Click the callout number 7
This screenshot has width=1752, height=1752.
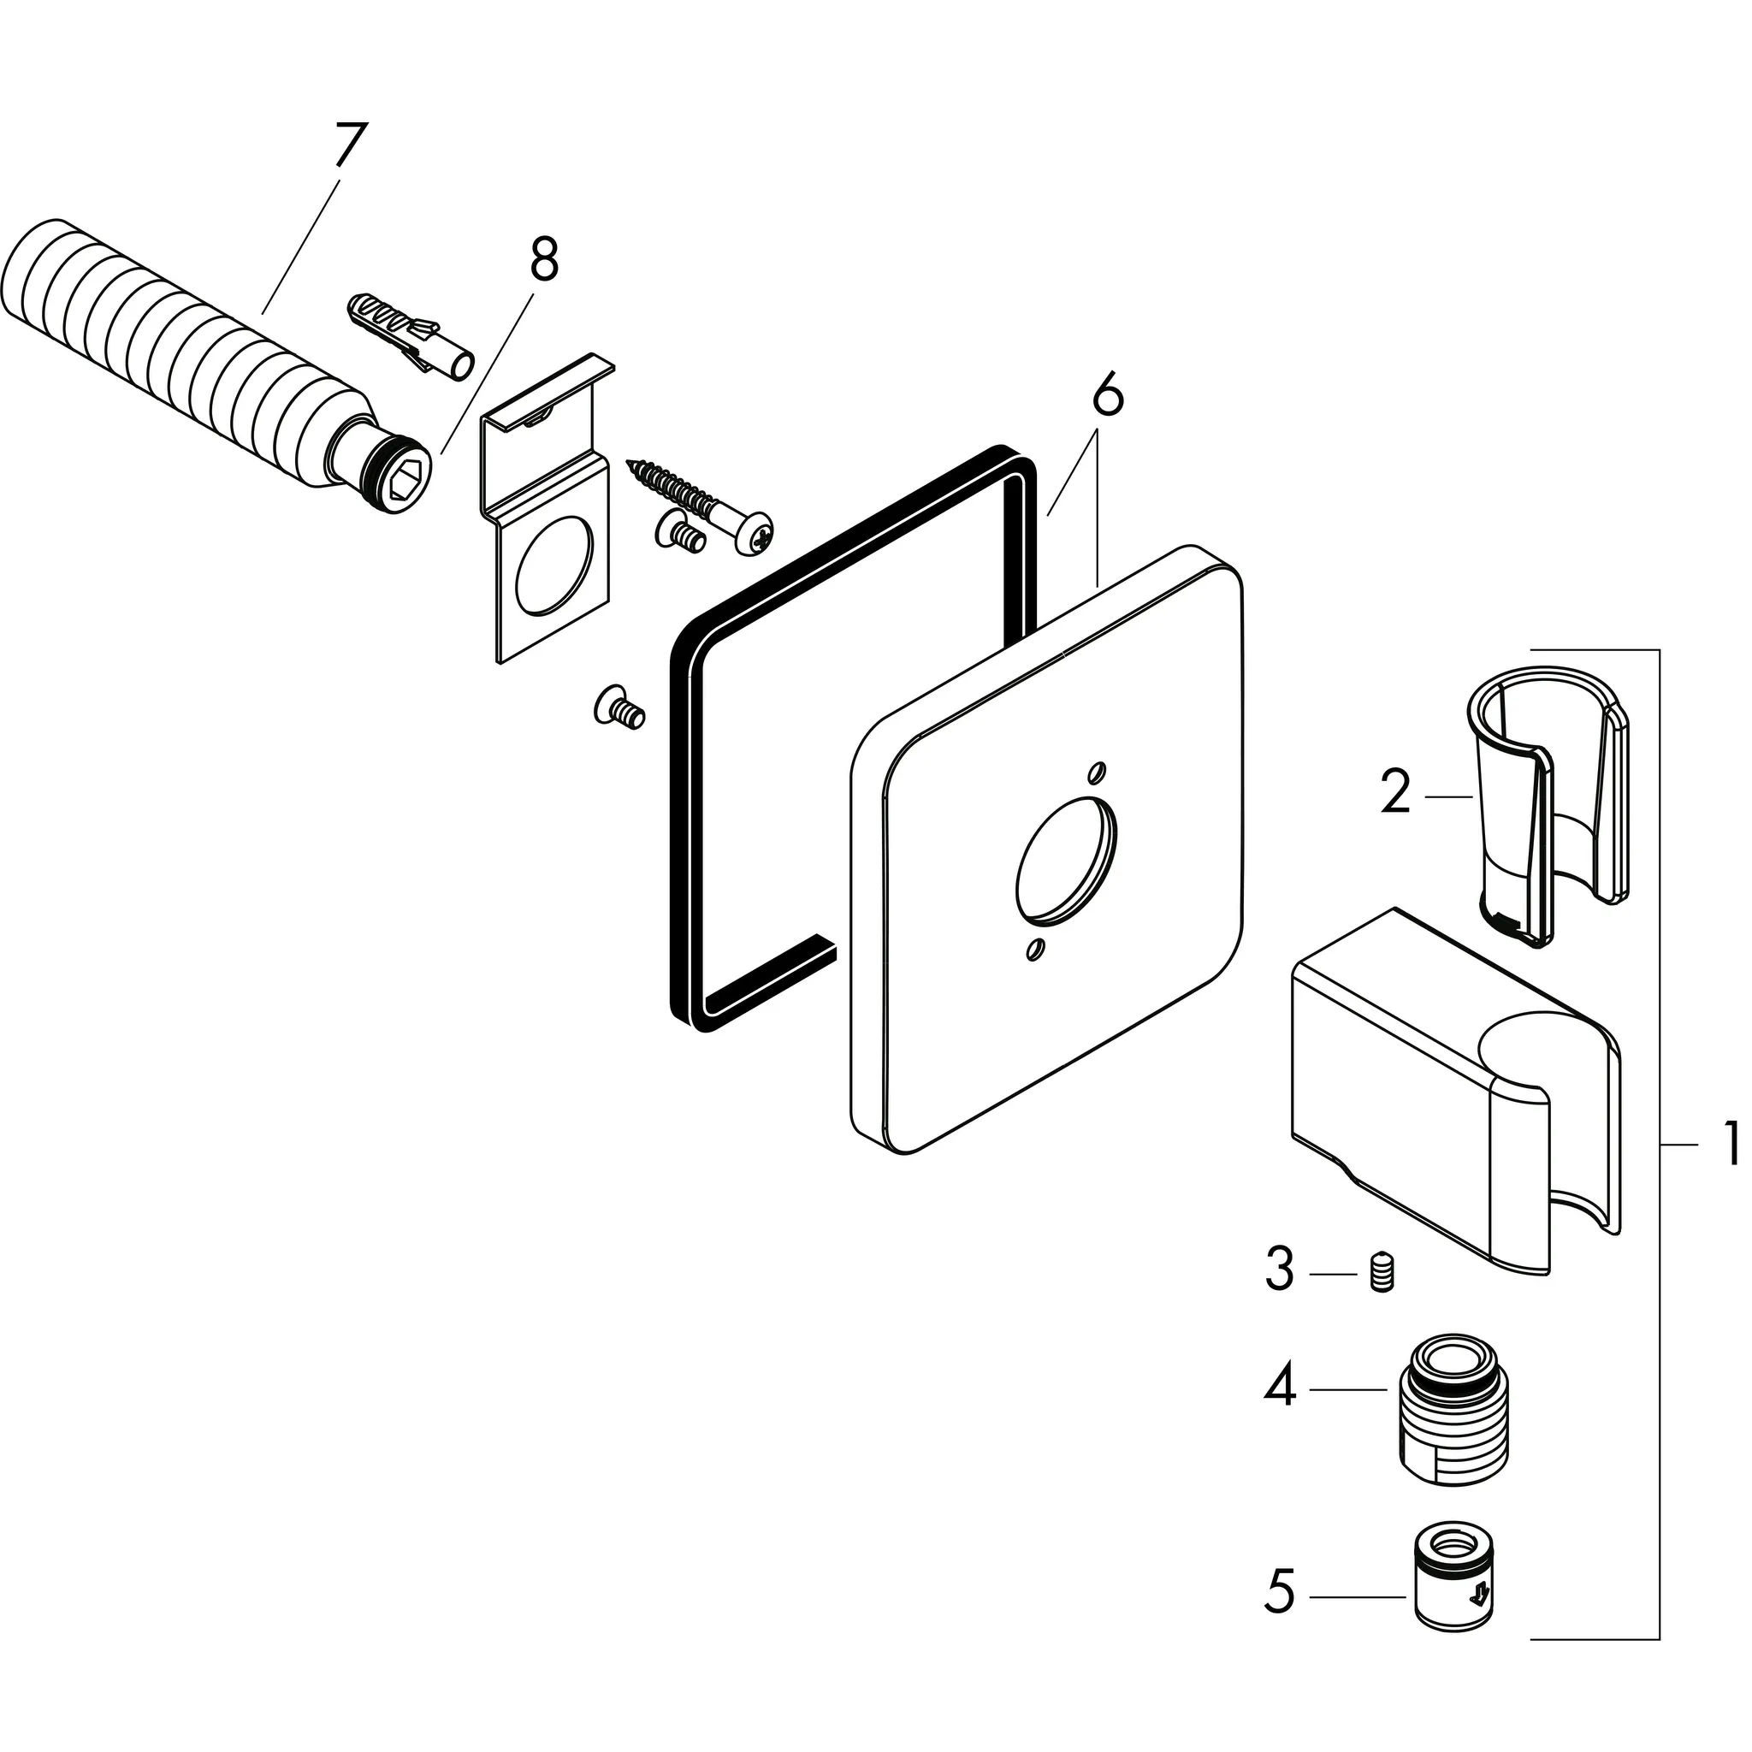(x=350, y=145)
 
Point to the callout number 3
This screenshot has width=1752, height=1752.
(x=1280, y=1270)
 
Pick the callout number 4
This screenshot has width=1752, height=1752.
(x=1280, y=1388)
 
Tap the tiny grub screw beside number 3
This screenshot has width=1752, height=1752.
(x=1381, y=1271)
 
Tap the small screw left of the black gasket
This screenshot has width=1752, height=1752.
(x=619, y=707)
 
